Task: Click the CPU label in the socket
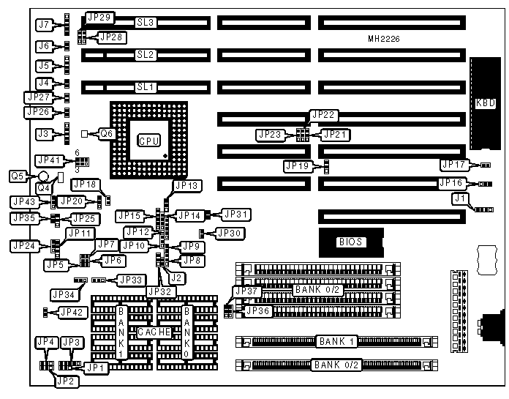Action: (x=149, y=140)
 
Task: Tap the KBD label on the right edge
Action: (x=484, y=103)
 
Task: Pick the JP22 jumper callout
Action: (x=323, y=114)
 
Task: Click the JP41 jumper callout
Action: (x=50, y=160)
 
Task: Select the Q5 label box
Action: (x=18, y=176)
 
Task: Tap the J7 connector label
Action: (x=44, y=24)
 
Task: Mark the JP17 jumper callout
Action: (x=453, y=165)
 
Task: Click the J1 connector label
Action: (x=459, y=198)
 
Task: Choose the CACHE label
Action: (x=154, y=332)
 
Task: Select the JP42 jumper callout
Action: (x=72, y=313)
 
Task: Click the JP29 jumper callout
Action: (x=99, y=17)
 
